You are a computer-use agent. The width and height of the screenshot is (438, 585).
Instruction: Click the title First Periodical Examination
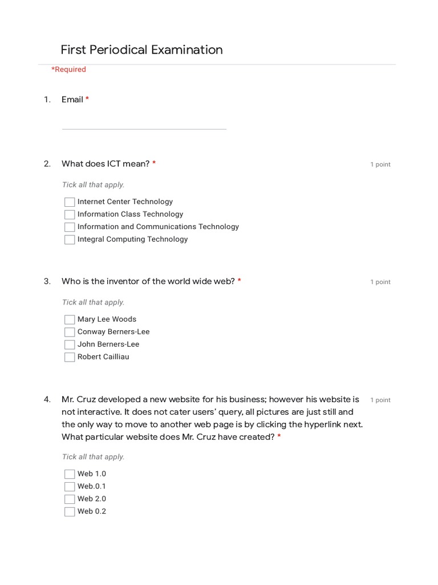click(141, 50)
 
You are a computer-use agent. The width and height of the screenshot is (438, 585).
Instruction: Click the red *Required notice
click(68, 70)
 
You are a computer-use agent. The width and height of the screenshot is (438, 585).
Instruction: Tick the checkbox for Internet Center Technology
click(70, 202)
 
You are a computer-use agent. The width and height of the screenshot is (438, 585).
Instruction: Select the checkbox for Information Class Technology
click(70, 215)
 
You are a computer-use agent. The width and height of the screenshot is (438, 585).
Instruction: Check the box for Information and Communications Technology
click(70, 227)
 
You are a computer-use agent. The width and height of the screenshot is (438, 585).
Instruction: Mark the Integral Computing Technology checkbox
click(70, 240)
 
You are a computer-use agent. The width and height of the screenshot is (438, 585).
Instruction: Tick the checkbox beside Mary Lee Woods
click(70, 320)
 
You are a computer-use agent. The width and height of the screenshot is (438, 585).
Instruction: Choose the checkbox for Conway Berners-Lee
click(70, 332)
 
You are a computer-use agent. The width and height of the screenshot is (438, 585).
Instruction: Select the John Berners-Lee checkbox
click(70, 345)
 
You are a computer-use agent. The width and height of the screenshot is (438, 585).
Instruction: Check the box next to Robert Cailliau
click(70, 358)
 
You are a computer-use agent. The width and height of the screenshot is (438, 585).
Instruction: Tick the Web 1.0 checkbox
click(70, 474)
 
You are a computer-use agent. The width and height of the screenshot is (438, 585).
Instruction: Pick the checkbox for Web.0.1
click(70, 487)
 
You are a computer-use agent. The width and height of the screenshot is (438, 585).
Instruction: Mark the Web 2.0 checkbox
click(70, 499)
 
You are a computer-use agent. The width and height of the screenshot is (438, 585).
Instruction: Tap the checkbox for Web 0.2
click(70, 512)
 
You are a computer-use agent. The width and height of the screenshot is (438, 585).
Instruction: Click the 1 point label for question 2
click(380, 165)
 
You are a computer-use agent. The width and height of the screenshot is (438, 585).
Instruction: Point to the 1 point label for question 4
click(380, 400)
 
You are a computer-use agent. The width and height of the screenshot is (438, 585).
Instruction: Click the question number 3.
click(47, 281)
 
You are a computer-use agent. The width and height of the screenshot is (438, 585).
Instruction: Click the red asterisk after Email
click(87, 99)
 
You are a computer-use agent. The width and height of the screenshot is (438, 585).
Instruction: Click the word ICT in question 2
click(114, 164)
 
